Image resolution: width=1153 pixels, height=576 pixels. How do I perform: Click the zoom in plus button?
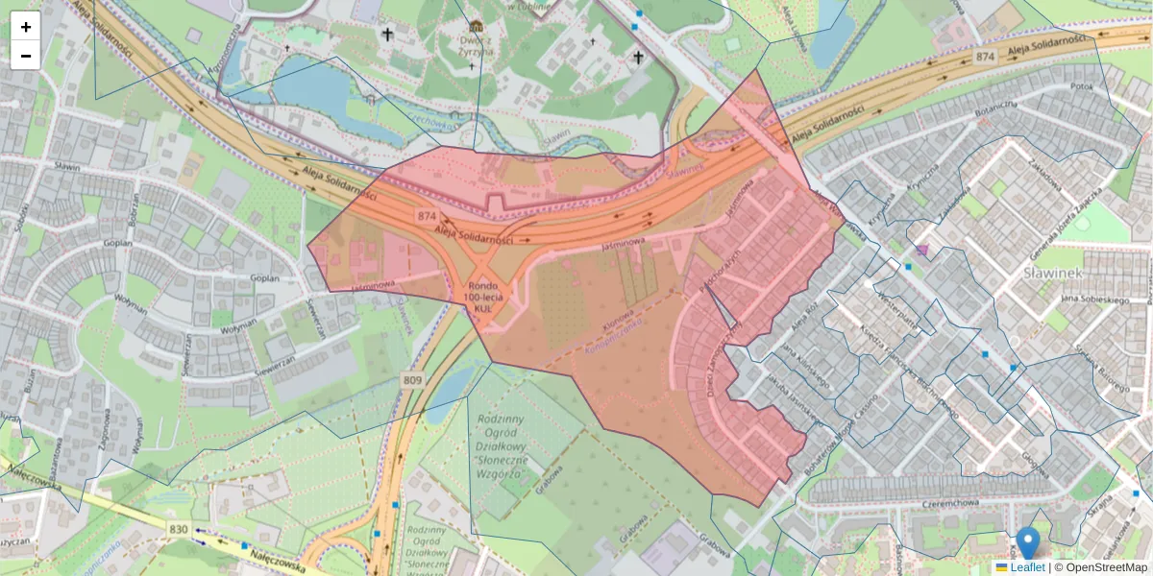[x=26, y=27]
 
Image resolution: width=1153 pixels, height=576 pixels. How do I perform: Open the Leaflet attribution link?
[x=1026, y=567]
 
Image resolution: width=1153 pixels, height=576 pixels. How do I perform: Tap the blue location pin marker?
[x=1028, y=542]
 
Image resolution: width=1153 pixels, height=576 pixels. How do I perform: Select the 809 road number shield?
[x=412, y=381]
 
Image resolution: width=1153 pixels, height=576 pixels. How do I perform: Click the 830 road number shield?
[x=178, y=528]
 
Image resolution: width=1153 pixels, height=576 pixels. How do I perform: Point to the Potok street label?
[x=1082, y=86]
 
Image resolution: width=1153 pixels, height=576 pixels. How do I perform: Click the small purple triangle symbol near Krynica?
[x=922, y=251]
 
